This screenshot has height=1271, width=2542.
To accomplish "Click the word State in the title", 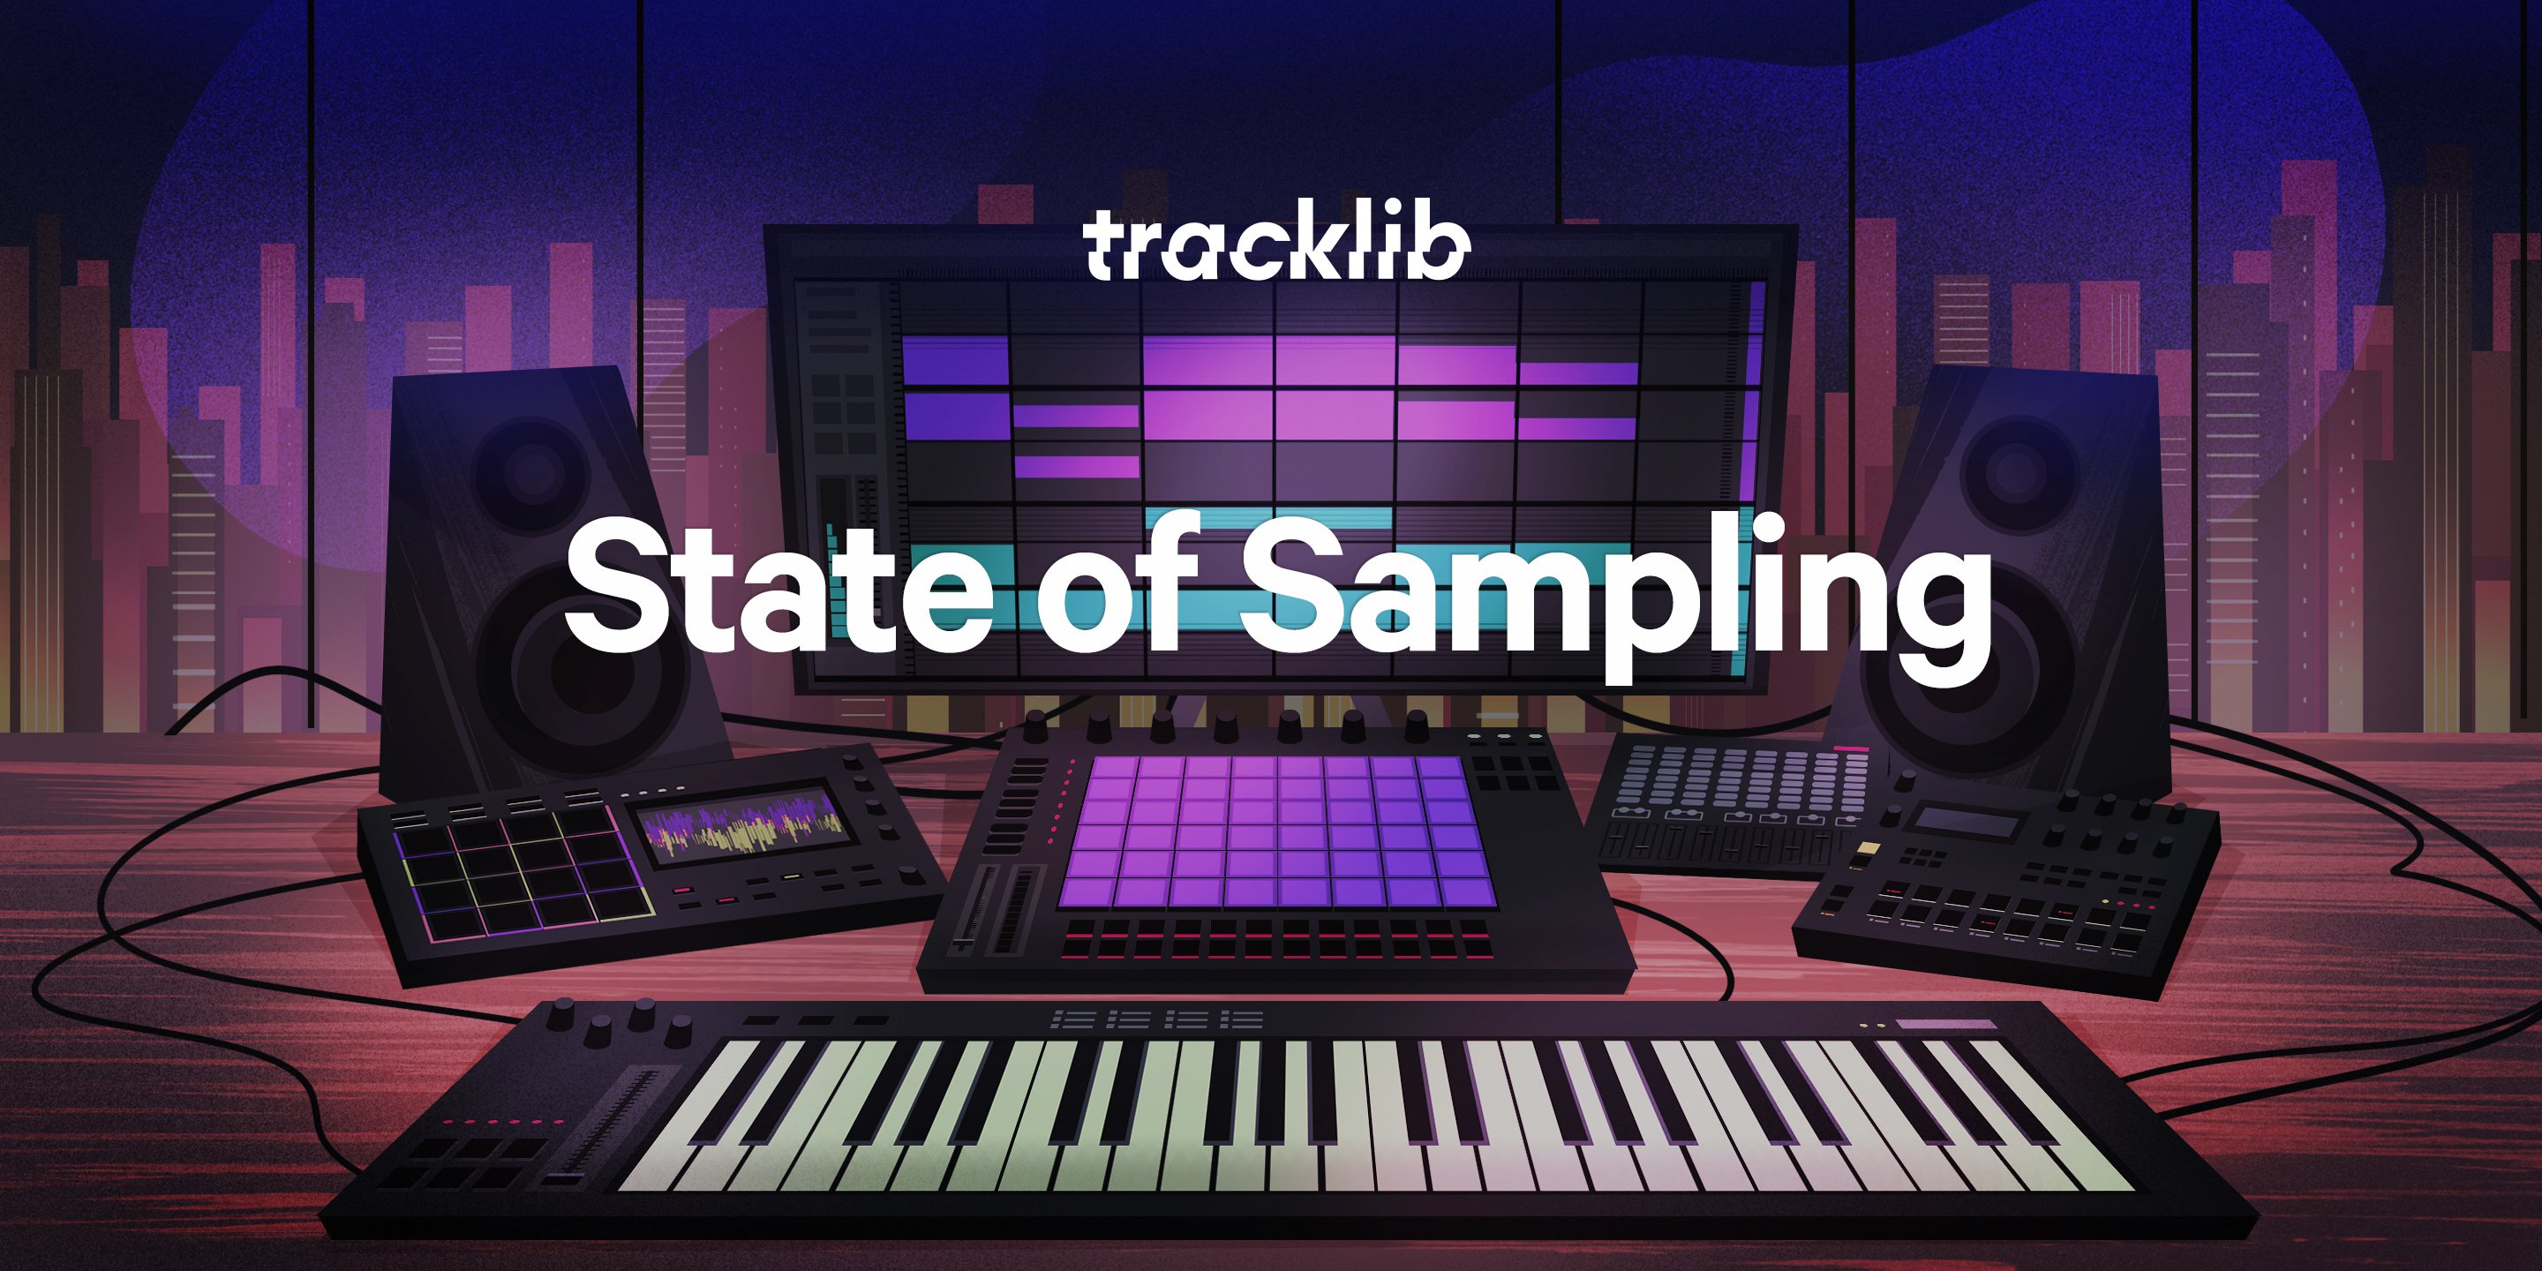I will (779, 588).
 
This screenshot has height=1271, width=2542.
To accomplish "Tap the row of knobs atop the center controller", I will (1223, 727).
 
